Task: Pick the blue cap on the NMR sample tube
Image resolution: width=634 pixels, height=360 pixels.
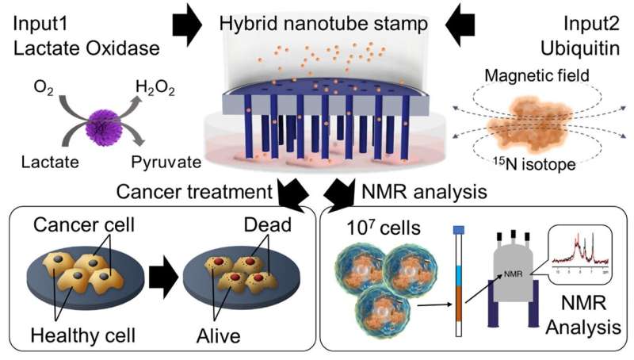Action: pyautogui.click(x=457, y=230)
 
